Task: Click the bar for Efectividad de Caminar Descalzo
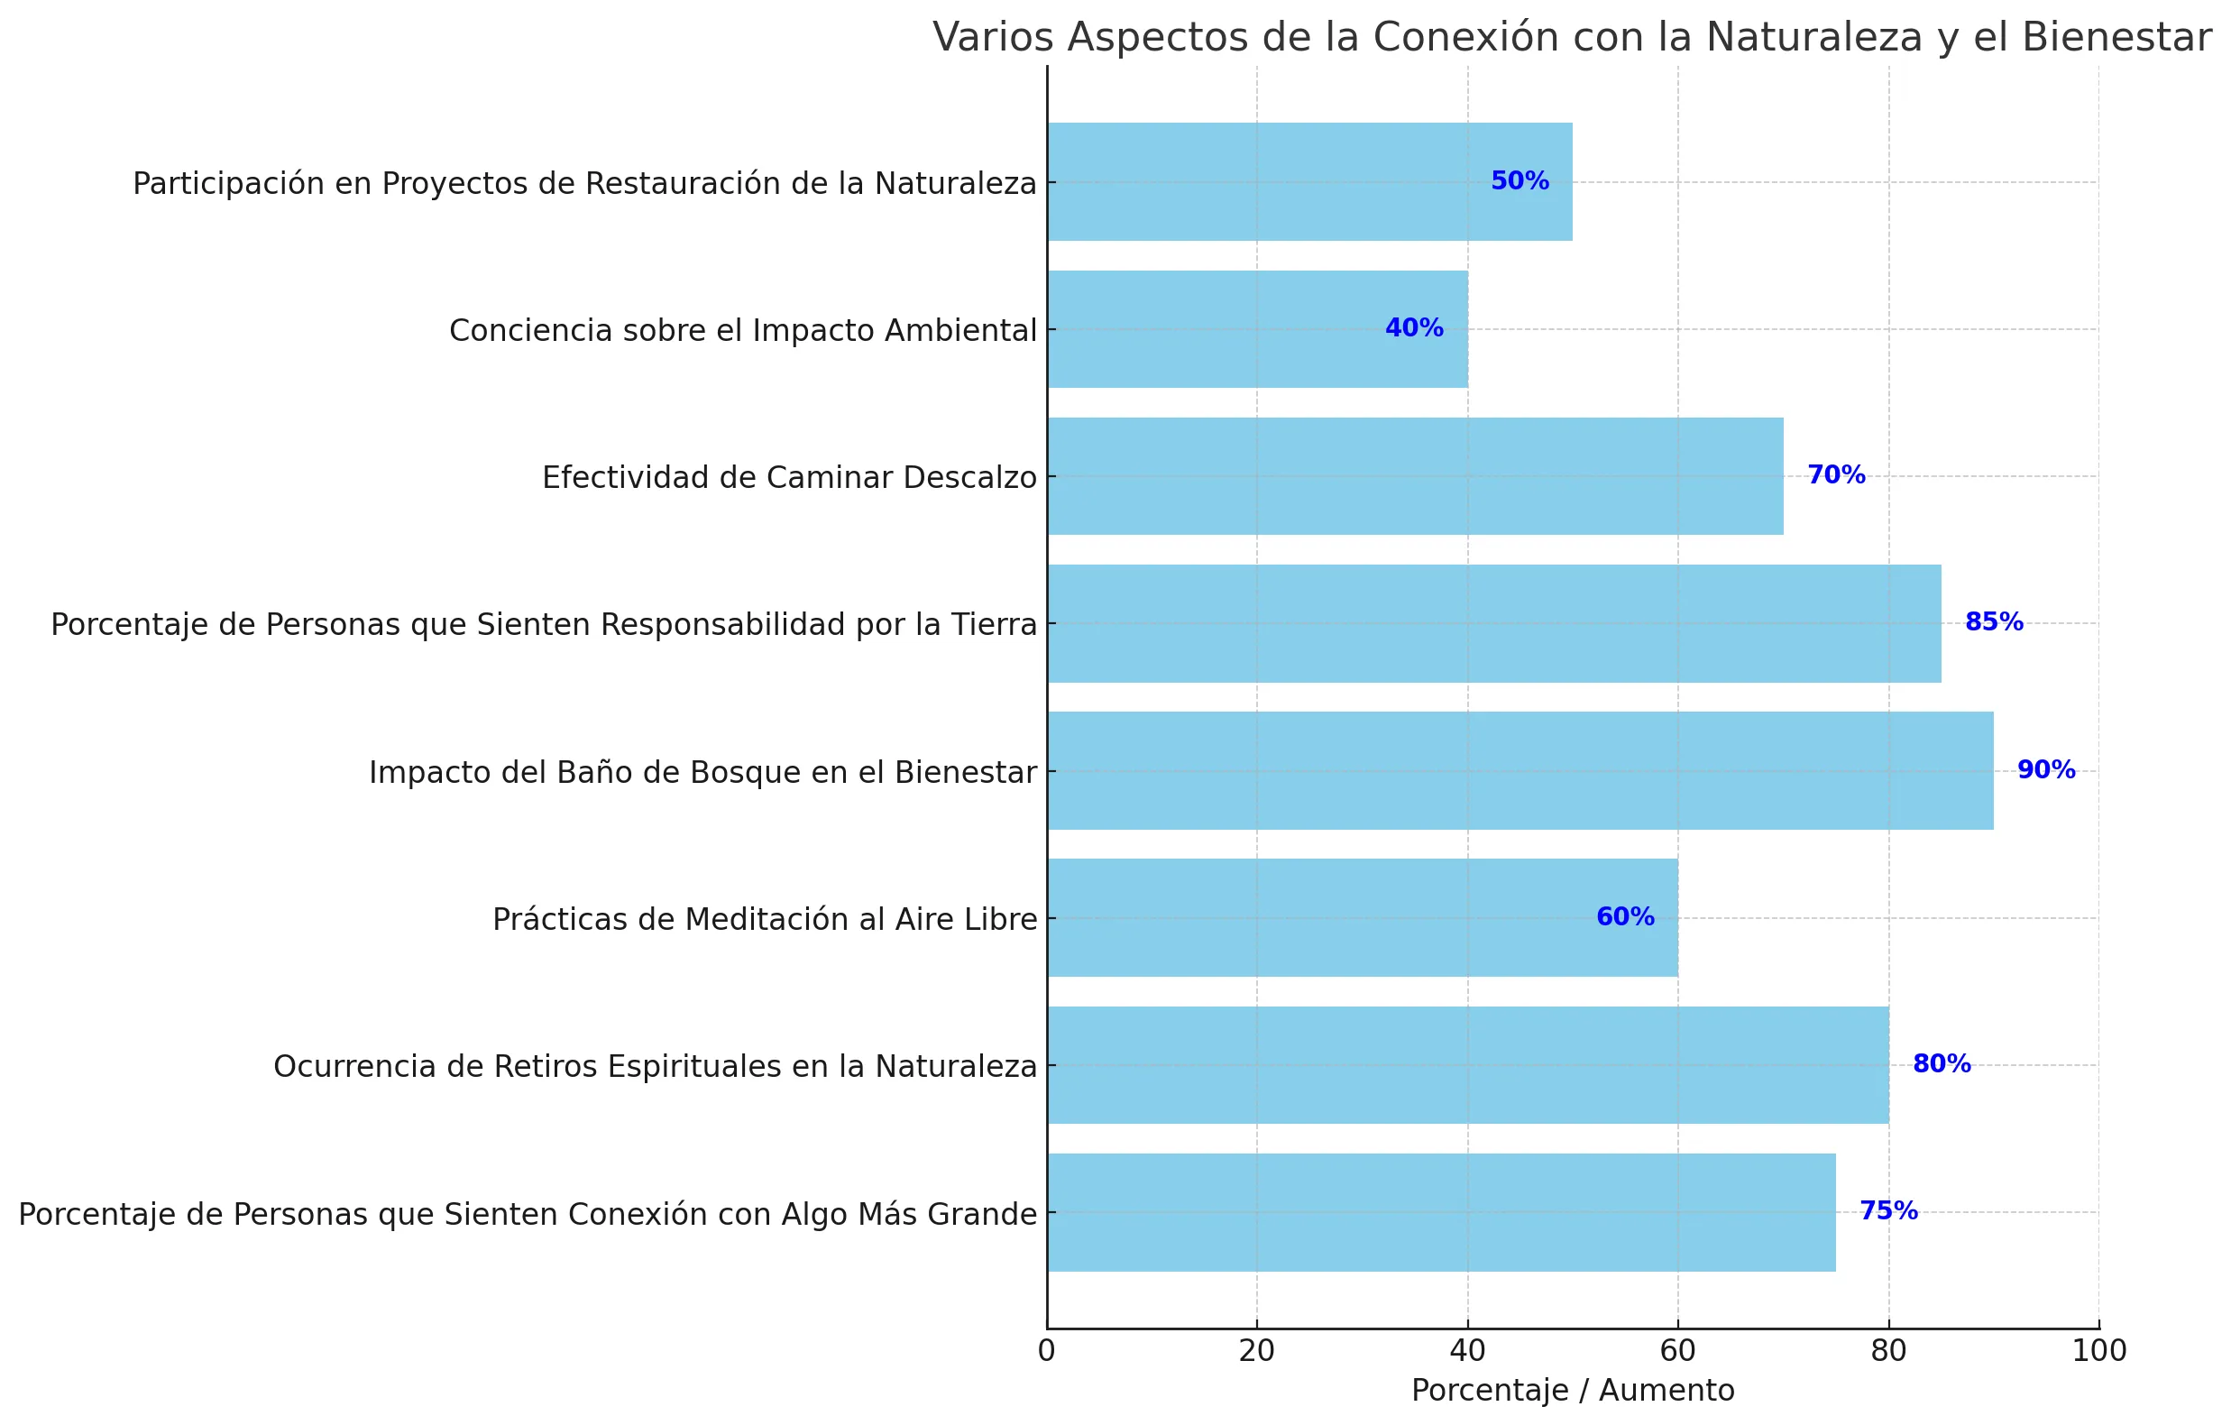pyautogui.click(x=1415, y=476)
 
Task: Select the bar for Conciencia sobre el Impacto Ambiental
pyautogui.click(x=1257, y=329)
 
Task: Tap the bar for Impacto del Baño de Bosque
pyautogui.click(x=1519, y=771)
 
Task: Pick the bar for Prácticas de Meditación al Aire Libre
pyautogui.click(x=1362, y=917)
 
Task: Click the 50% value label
pyautogui.click(x=1519, y=181)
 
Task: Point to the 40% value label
pyautogui.click(x=1414, y=328)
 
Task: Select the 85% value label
pyautogui.click(x=1994, y=622)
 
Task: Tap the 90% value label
pyautogui.click(x=2046, y=770)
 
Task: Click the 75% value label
pyautogui.click(x=1888, y=1211)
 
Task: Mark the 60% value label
pyautogui.click(x=1625, y=917)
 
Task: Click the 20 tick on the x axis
pyautogui.click(x=1256, y=1352)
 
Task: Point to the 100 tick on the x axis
pyautogui.click(x=2098, y=1352)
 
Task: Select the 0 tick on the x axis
pyautogui.click(x=1047, y=1352)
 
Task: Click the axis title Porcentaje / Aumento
pyautogui.click(x=1573, y=1391)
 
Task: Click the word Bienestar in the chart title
pyautogui.click(x=2116, y=37)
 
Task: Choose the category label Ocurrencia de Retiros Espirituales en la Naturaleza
pyautogui.click(x=655, y=1066)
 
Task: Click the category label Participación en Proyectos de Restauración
pyautogui.click(x=584, y=183)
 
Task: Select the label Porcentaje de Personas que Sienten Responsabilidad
pyautogui.click(x=544, y=624)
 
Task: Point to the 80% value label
pyautogui.click(x=1942, y=1063)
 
